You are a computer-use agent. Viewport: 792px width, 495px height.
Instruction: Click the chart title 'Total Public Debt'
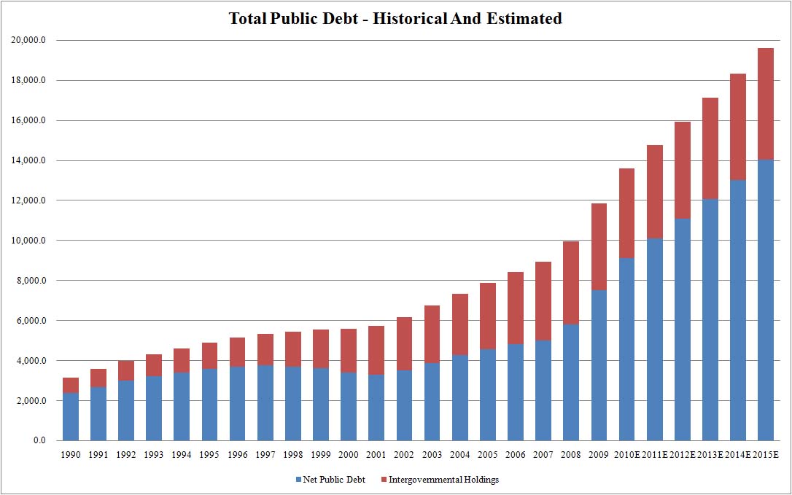point(395,19)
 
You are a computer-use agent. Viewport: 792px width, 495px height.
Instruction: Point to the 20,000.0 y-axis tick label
point(29,40)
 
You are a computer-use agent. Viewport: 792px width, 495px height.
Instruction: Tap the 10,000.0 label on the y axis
point(29,241)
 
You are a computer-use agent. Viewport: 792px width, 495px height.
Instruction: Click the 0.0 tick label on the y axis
point(36,441)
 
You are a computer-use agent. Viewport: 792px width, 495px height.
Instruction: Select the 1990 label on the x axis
point(71,456)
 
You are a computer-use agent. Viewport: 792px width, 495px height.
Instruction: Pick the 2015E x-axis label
point(765,456)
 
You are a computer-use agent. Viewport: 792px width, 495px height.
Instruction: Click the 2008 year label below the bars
point(570,456)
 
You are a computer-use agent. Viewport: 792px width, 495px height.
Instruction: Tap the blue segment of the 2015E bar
point(765,299)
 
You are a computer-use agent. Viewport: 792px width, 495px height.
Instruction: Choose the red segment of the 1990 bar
point(71,385)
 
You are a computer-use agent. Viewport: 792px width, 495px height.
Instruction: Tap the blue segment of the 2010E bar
point(626,349)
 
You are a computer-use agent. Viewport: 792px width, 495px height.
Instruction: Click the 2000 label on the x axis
point(349,456)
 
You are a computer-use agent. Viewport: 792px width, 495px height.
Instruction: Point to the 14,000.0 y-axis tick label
point(29,160)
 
